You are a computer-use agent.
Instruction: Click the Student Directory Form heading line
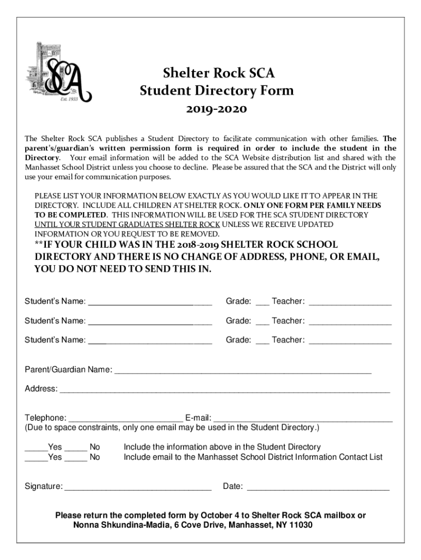pyautogui.click(x=217, y=91)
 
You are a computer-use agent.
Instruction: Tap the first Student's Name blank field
pyautogui.click(x=150, y=302)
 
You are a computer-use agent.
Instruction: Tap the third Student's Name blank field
pyautogui.click(x=150, y=340)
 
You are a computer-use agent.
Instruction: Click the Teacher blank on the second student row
pyautogui.click(x=350, y=321)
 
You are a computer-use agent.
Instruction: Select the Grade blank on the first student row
pyautogui.click(x=262, y=302)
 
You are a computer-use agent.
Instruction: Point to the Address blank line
pyautogui.click(x=224, y=389)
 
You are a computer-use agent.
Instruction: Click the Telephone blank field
pyautogui.click(x=126, y=418)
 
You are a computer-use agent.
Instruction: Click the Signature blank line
pyautogui.click(x=138, y=486)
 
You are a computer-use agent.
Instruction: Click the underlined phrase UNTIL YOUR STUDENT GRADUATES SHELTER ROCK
pyautogui.click(x=127, y=225)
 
